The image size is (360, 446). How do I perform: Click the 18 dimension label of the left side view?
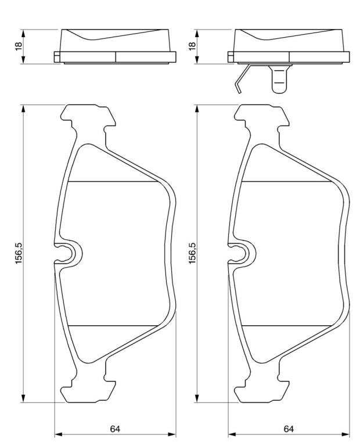(x=19, y=46)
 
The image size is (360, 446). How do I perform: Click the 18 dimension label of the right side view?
(x=192, y=46)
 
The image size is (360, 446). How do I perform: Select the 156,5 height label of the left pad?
(x=19, y=253)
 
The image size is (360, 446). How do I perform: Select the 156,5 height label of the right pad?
(x=192, y=253)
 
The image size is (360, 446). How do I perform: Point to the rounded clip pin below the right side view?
(x=280, y=79)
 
